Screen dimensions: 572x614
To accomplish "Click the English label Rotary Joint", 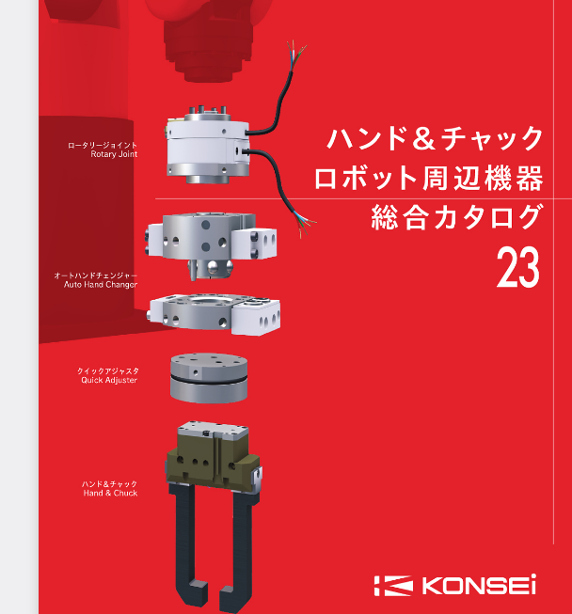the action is [x=114, y=154].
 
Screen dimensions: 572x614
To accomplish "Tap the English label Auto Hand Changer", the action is [x=101, y=285].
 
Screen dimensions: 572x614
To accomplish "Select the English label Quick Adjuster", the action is [x=109, y=380].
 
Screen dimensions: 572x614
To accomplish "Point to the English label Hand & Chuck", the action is [x=110, y=493].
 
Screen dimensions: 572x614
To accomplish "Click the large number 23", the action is [x=518, y=268].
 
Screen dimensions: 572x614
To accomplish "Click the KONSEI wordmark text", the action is [x=478, y=585].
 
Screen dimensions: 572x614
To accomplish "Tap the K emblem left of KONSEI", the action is [x=393, y=586].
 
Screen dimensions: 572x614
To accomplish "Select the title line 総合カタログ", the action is [x=457, y=217].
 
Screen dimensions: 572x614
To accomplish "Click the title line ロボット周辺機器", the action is [x=429, y=178].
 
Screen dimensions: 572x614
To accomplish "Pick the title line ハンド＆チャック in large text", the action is [x=436, y=138].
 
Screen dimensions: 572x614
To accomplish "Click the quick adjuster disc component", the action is [x=209, y=378].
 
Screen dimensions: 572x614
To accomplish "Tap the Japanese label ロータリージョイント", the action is [x=103, y=146].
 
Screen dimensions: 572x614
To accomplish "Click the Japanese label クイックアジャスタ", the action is [x=108, y=370].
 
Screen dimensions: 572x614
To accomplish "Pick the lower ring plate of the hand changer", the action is [x=215, y=314].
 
